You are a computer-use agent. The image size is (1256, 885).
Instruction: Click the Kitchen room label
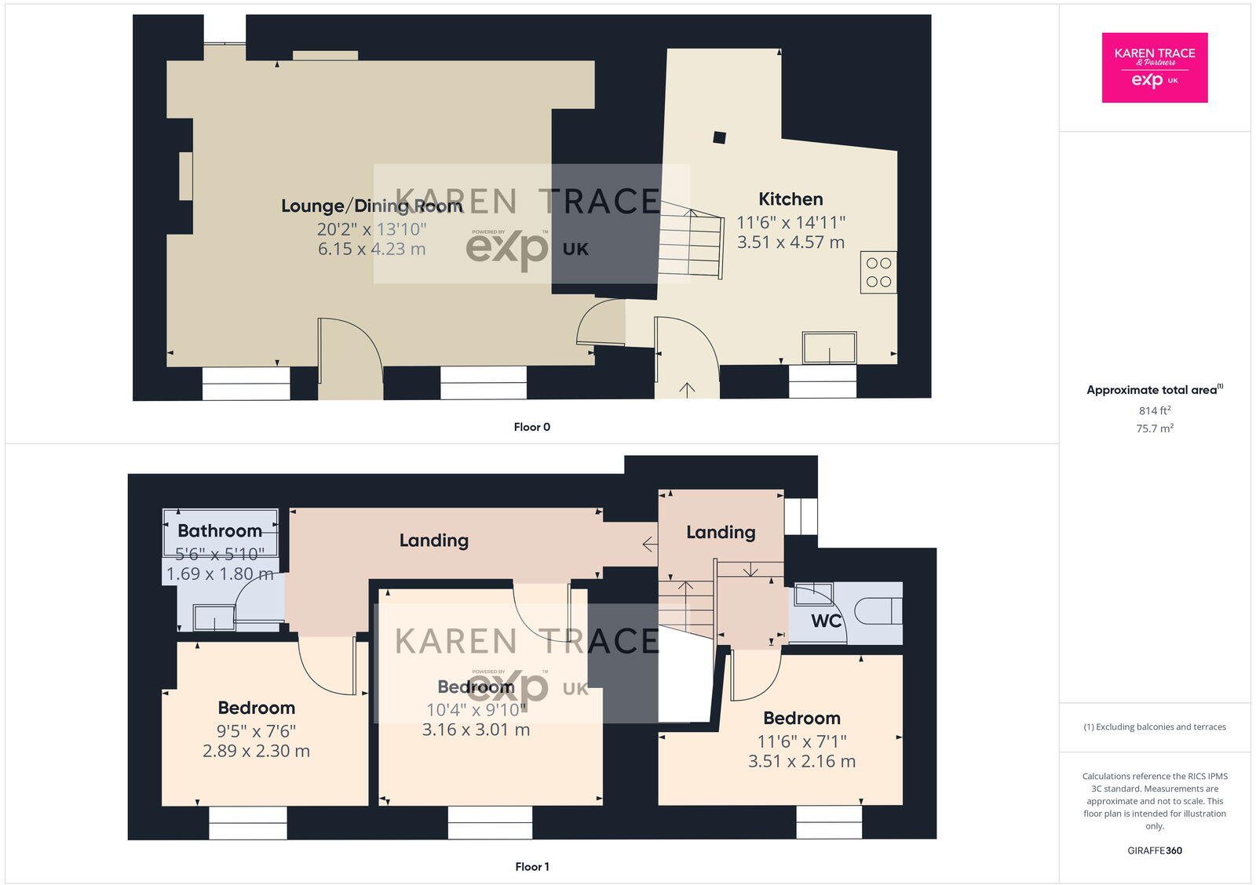790,199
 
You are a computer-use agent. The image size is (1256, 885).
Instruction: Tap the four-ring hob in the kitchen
878,272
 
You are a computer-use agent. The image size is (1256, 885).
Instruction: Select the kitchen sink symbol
829,348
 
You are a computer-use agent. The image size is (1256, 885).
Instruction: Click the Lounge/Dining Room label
371,206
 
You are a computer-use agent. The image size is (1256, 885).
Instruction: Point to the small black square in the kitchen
719,137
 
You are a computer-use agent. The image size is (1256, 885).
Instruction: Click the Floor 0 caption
531,427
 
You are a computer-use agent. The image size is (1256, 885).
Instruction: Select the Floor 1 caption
531,866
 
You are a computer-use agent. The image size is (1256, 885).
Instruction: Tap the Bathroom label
220,531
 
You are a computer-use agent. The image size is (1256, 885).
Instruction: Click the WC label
826,621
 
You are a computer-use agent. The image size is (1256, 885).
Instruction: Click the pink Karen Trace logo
1154,67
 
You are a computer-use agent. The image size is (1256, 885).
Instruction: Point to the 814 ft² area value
1154,410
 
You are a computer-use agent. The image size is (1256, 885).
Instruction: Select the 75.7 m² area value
1154,428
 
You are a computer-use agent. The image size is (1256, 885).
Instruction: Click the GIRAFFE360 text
1154,850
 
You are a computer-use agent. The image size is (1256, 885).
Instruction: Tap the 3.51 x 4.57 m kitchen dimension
790,242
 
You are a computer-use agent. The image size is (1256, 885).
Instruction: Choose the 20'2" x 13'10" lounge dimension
371,229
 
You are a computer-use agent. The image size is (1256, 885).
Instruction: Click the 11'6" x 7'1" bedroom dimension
801,741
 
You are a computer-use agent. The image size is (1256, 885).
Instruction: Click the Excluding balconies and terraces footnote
1154,727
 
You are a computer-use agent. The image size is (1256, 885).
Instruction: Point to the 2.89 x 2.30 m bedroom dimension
256,751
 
